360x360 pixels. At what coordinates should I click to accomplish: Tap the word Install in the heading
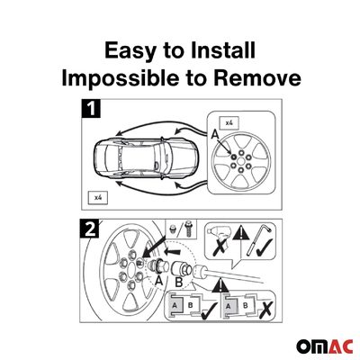coord(223,50)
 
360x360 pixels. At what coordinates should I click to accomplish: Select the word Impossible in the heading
coord(119,78)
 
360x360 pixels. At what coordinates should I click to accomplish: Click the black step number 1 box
coord(91,108)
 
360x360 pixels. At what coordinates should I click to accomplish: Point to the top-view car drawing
coord(146,157)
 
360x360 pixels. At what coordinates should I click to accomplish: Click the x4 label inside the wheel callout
coord(229,122)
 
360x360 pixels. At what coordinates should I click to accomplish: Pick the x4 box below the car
coord(97,198)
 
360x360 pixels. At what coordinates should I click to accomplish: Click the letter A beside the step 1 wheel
coord(215,135)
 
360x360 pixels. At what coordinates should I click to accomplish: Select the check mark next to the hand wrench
coord(264,247)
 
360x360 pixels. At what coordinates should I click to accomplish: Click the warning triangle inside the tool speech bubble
coord(240,233)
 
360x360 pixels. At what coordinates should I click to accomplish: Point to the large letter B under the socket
coord(178,282)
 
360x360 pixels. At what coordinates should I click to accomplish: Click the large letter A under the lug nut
coord(158,281)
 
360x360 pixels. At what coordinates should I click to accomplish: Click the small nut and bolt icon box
coord(181,228)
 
